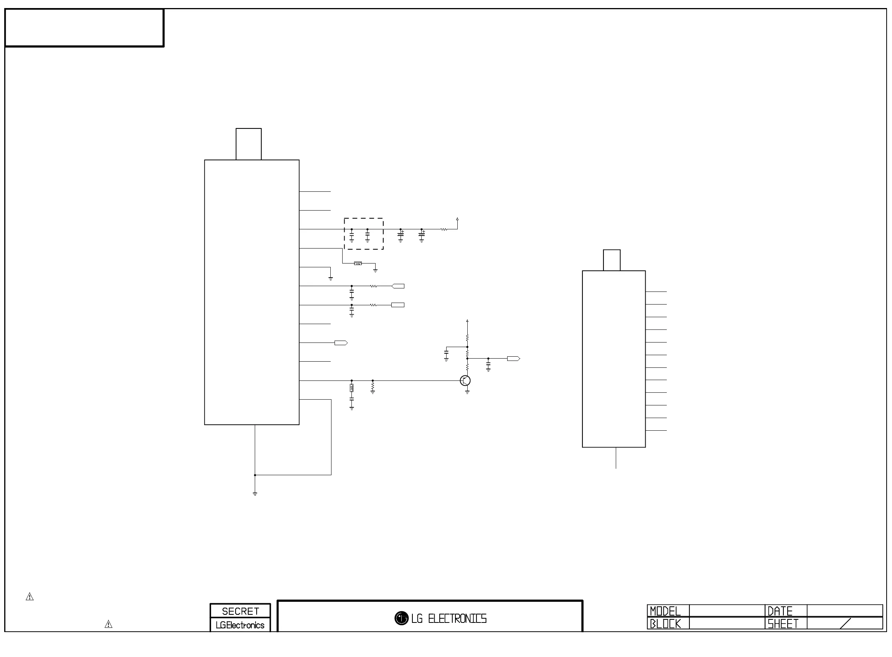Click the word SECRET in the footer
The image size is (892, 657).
[x=240, y=611]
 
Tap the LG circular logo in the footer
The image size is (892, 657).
[x=401, y=618]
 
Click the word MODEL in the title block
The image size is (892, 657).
[x=665, y=611]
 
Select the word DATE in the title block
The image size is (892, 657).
[x=780, y=611]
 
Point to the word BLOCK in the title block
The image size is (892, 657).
[x=665, y=624]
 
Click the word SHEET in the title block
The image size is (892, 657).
[x=783, y=624]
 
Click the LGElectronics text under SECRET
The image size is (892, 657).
[x=240, y=625]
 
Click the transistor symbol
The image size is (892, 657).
[x=465, y=380]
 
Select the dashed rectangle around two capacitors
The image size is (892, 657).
[x=364, y=234]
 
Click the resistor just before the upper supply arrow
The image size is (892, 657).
[x=444, y=229]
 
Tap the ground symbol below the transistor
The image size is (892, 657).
[x=467, y=392]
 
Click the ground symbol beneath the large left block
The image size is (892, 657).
[x=255, y=494]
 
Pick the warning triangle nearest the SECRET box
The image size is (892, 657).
[x=108, y=624]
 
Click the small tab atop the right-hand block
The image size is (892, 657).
[x=612, y=260]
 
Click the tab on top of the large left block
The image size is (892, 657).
[x=248, y=144]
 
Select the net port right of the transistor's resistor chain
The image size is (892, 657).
[x=513, y=359]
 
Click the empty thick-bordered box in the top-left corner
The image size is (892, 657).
[x=84, y=28]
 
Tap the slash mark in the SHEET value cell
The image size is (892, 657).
[x=845, y=623]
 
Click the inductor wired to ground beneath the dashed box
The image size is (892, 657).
[x=358, y=263]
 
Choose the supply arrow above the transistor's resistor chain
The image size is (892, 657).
[x=467, y=321]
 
